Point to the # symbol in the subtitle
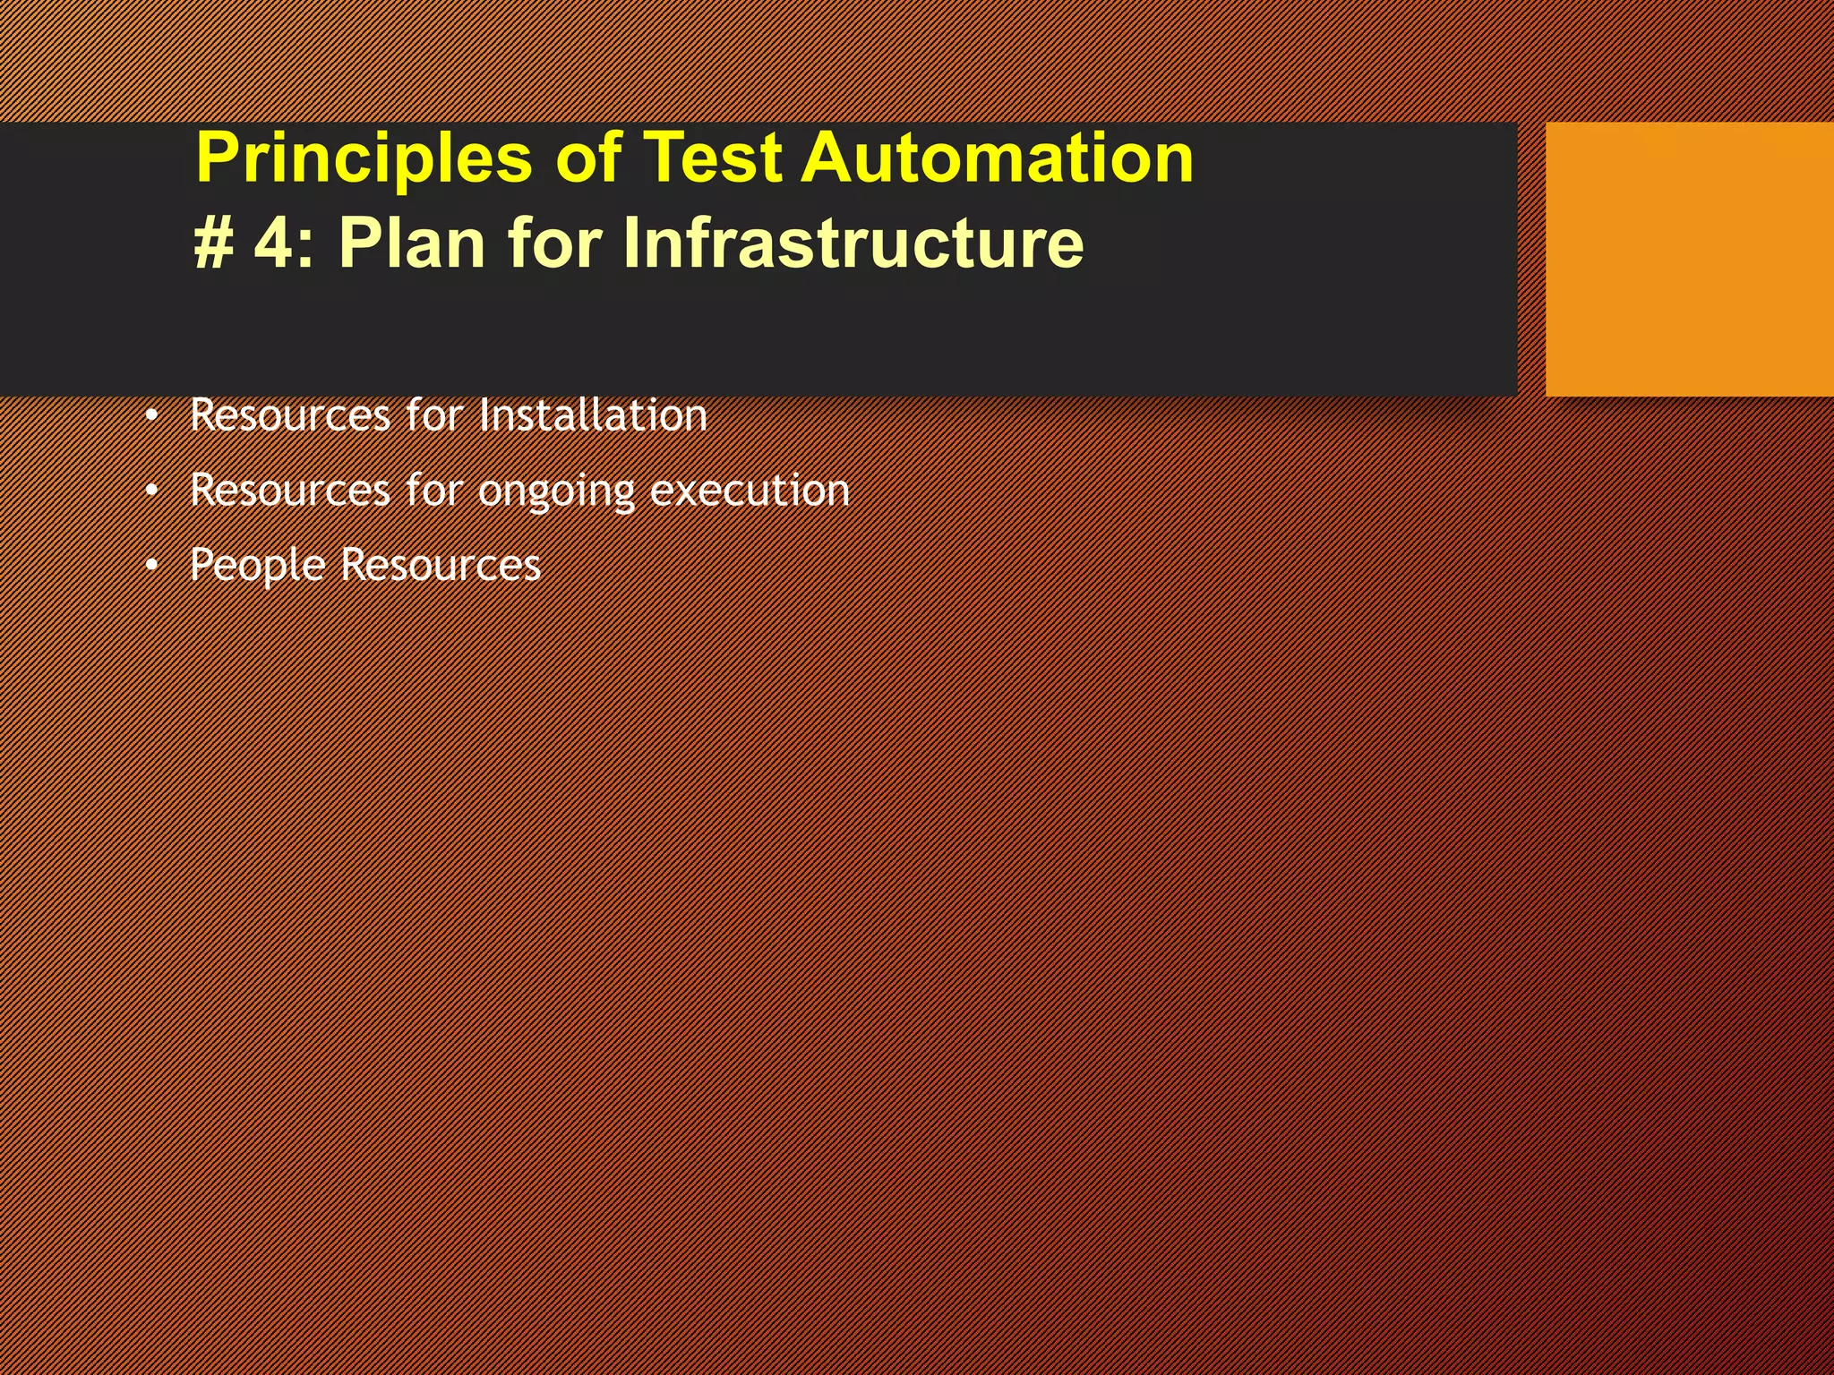214,243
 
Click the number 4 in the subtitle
274,243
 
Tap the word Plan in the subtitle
412,243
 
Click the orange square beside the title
1689,260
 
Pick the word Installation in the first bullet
593,415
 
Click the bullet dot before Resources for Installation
152,416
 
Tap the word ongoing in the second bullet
556,491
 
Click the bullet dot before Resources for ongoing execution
152,491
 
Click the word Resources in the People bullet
441,566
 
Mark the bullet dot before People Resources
152,566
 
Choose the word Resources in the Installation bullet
290,415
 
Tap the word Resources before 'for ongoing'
290,491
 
